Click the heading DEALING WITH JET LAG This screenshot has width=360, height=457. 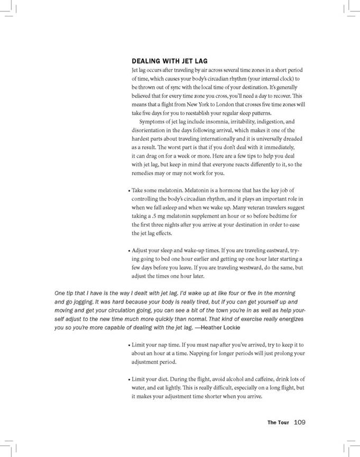[x=170, y=61]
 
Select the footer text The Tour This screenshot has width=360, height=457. [x=278, y=422]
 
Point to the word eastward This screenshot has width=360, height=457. [x=273, y=250]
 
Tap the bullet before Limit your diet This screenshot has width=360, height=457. [x=128, y=379]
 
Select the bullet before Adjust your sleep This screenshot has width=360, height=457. [x=128, y=250]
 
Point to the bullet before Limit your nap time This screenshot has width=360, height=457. [x=128, y=345]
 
